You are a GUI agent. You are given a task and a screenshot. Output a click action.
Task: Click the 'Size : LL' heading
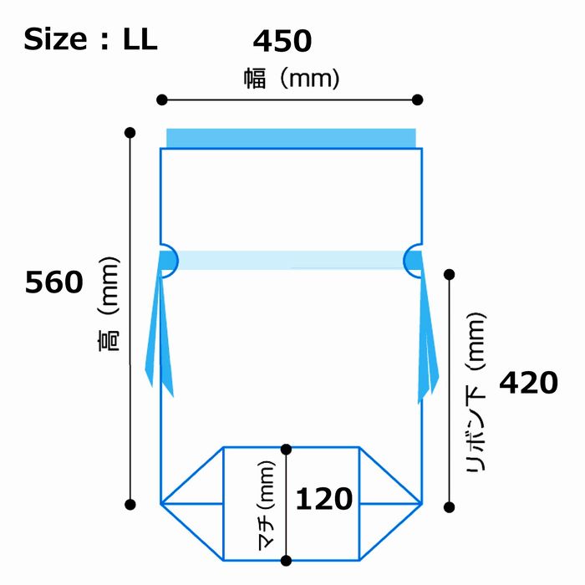pyautogui.click(x=90, y=39)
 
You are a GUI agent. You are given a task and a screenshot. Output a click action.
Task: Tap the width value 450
pyautogui.click(x=282, y=41)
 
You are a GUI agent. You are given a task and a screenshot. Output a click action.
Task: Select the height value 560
pyautogui.click(x=54, y=282)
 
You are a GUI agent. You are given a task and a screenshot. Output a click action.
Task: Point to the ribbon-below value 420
pyautogui.click(x=528, y=383)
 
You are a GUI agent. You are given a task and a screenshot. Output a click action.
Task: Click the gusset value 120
pyautogui.click(x=324, y=499)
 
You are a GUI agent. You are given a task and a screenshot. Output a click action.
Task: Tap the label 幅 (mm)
pyautogui.click(x=292, y=79)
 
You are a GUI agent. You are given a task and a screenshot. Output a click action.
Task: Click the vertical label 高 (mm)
pyautogui.click(x=109, y=304)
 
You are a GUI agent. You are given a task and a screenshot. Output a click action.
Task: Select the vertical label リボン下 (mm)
pyautogui.click(x=476, y=392)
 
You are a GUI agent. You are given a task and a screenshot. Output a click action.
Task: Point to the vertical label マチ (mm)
pyautogui.click(x=267, y=506)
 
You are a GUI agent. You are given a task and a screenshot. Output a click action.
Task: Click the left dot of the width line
pyautogui.click(x=162, y=100)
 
